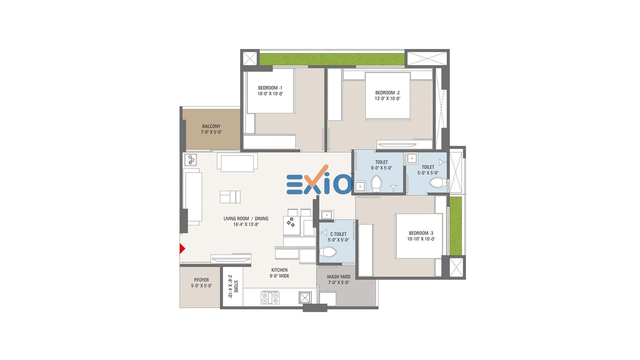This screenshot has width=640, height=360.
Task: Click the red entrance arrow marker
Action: [182, 249]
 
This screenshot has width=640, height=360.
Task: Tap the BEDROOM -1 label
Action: [270, 88]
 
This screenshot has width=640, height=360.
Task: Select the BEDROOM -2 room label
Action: [387, 93]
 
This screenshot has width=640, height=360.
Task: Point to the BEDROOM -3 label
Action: [421, 233]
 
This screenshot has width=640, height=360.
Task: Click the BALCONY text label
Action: [211, 126]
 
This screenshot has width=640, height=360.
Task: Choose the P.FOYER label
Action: [201, 280]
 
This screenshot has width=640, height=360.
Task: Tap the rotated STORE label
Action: [236, 287]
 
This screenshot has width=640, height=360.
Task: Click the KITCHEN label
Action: [279, 270]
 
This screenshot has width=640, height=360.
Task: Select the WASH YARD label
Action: [339, 277]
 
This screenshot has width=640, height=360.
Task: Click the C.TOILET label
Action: [338, 234]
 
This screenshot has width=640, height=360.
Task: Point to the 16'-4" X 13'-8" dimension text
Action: [246, 224]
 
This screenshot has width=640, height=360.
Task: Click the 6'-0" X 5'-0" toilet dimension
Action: [381, 168]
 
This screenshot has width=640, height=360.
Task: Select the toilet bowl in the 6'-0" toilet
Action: [376, 184]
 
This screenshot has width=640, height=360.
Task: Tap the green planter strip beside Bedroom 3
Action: [456, 226]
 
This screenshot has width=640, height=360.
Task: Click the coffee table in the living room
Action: [230, 197]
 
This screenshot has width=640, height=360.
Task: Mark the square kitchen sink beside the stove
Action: [305, 297]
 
